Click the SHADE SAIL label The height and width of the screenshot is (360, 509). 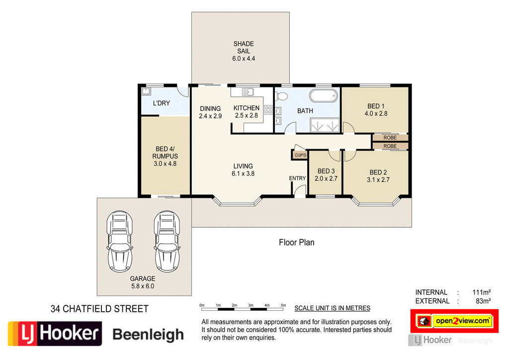pyautogui.click(x=243, y=51)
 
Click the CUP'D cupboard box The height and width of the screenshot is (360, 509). pyautogui.click(x=300, y=155)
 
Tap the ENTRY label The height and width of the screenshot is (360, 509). pyautogui.click(x=298, y=179)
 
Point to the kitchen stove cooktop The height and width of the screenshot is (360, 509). pyautogui.click(x=268, y=110)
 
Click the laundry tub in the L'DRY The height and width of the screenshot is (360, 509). pyautogui.click(x=146, y=91)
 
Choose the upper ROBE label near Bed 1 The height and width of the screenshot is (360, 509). pyautogui.click(x=390, y=137)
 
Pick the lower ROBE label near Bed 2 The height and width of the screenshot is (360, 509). pyautogui.click(x=390, y=146)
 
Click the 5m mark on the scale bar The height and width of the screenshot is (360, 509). pyautogui.click(x=283, y=305)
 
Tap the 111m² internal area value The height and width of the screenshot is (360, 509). pyautogui.click(x=481, y=292)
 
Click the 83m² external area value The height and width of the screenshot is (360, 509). pyautogui.click(x=483, y=301)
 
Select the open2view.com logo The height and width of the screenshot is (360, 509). pyautogui.click(x=462, y=321)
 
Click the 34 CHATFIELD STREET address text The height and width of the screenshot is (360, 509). pyautogui.click(x=99, y=309)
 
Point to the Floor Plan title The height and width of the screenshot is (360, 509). pyautogui.click(x=296, y=243)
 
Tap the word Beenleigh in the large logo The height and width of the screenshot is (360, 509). pyautogui.click(x=148, y=335)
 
